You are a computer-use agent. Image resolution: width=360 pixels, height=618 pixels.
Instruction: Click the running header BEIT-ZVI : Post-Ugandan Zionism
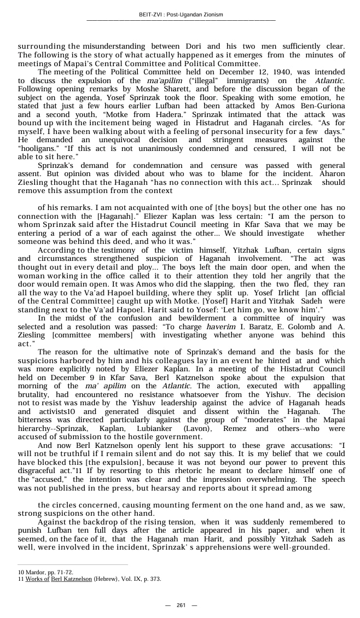click(181, 14)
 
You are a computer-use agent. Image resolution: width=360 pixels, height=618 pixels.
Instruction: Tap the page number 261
click(181, 605)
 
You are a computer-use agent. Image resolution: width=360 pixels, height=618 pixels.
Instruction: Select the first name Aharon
click(333, 173)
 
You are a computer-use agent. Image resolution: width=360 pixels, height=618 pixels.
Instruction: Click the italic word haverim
click(220, 327)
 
